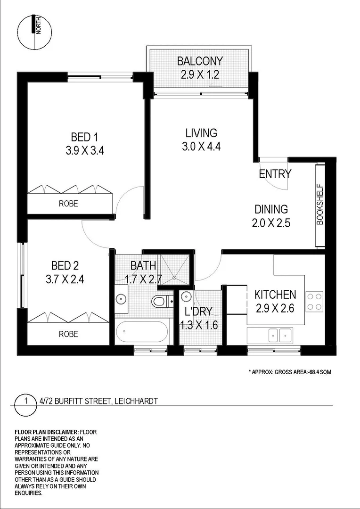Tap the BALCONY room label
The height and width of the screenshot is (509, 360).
200,61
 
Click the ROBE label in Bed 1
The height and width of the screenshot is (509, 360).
68,204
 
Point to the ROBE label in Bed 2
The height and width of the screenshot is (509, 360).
68,334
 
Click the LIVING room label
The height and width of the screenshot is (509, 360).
201,133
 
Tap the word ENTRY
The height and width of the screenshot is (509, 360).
275,174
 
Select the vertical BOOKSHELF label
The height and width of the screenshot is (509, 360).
320,205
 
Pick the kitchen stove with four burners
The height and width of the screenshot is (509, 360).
314,302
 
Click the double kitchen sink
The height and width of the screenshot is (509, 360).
280,335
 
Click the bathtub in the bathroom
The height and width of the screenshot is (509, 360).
142,333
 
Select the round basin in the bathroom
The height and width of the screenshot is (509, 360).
121,298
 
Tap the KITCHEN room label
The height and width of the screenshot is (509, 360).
275,295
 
